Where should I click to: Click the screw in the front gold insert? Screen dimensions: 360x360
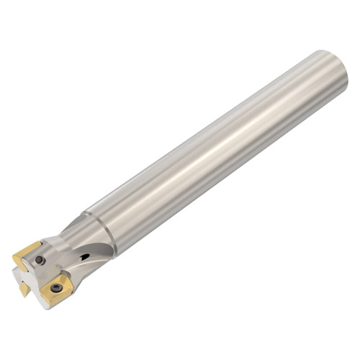point(55,289)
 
